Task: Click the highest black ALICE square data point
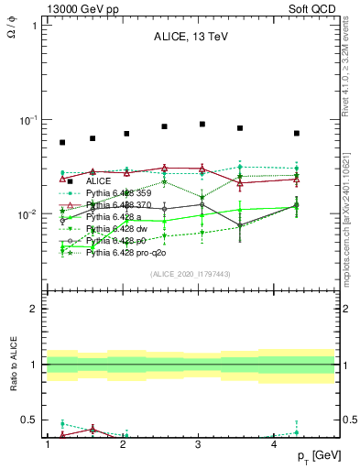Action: pyautogui.click(x=202, y=124)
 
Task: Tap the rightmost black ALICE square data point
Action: pyautogui.click(x=297, y=133)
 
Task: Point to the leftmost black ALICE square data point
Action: pyautogui.click(x=62, y=142)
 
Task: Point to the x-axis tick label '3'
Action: pyautogui.click(x=199, y=444)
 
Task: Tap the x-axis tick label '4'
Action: pyautogui.click(x=275, y=444)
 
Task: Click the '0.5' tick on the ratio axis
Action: pyautogui.click(x=27, y=420)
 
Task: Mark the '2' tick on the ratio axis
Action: pyautogui.click(x=31, y=309)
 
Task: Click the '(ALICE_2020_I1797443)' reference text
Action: pyautogui.click(x=191, y=274)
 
